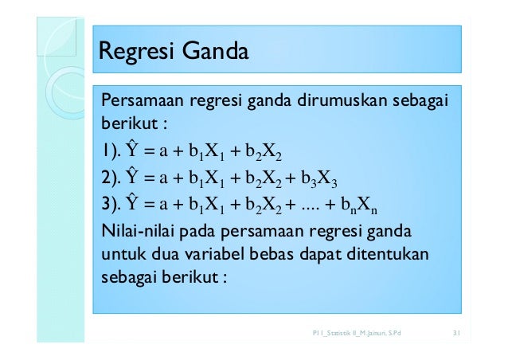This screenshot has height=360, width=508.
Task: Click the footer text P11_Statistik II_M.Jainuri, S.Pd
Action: coord(357,331)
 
